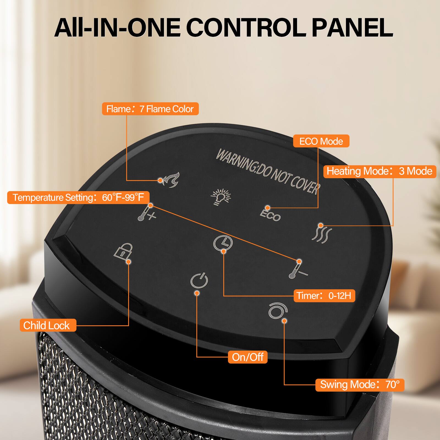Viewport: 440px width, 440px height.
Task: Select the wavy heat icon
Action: pyautogui.click(x=321, y=233)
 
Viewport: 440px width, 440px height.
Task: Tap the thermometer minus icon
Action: pyautogui.click(x=297, y=271)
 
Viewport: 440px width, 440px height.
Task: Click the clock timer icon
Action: pyautogui.click(x=223, y=243)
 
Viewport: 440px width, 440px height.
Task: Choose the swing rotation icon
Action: pyautogui.click(x=277, y=311)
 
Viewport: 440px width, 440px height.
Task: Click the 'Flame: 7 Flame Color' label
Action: pyautogui.click(x=150, y=109)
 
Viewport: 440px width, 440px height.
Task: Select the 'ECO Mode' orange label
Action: pyautogui.click(x=321, y=141)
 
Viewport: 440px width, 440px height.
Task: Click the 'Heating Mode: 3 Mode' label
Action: pyautogui.click(x=380, y=171)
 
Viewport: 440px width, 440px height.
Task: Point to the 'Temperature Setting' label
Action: pyautogui.click(x=78, y=197)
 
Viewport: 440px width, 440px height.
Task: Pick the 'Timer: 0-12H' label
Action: pyautogui.click(x=324, y=296)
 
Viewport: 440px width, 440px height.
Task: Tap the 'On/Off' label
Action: pyautogui.click(x=248, y=357)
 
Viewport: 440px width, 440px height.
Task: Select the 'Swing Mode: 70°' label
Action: pyautogui.click(x=360, y=384)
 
